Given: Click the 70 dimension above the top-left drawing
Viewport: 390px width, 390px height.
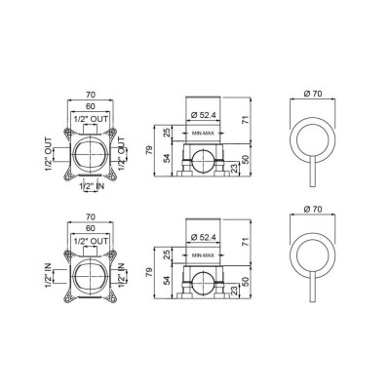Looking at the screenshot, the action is click(x=91, y=95).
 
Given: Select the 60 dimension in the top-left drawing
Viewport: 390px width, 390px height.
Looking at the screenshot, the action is click(x=91, y=106).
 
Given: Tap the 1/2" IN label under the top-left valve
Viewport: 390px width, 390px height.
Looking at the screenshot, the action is click(x=93, y=186).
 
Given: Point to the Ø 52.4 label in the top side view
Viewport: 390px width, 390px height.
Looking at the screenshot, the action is click(x=204, y=115).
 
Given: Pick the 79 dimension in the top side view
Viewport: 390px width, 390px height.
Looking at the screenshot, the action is click(x=150, y=151).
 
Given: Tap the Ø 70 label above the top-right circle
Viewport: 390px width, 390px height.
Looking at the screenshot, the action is click(x=313, y=94).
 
